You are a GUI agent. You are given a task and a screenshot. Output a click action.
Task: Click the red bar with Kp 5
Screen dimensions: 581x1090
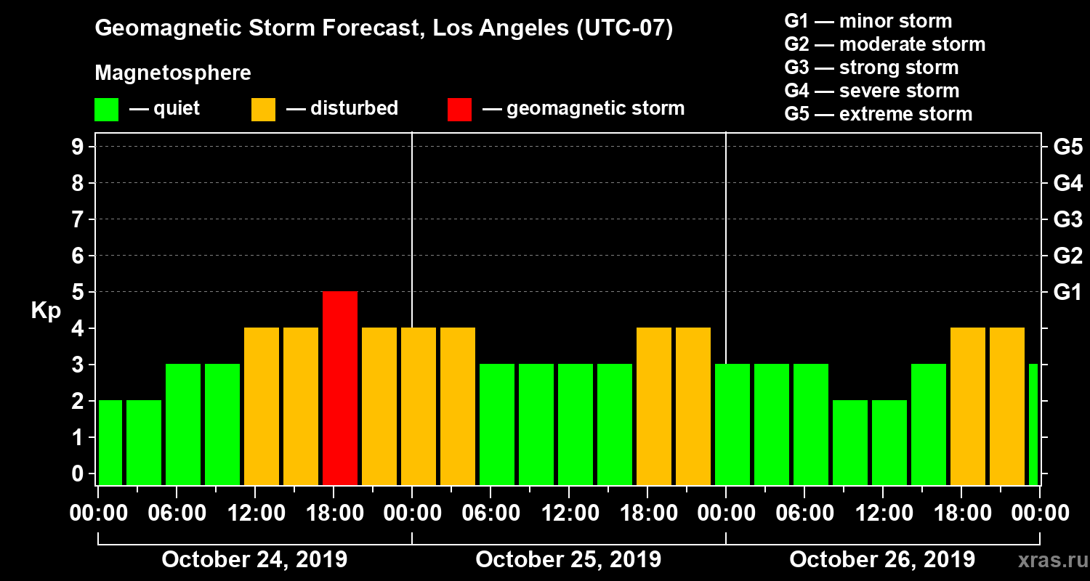[340, 388]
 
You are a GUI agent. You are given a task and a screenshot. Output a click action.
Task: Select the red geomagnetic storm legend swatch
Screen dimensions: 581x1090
[459, 110]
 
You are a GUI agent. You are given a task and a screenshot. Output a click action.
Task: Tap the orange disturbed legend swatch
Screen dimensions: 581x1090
[263, 110]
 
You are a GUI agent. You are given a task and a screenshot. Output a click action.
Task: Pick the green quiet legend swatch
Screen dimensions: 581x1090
[106, 110]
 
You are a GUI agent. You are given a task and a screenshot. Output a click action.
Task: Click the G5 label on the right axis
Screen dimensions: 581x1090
[1067, 147]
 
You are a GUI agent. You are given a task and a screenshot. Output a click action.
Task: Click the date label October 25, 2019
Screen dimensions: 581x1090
[568, 560]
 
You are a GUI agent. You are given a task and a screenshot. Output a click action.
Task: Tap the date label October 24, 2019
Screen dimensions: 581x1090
[254, 560]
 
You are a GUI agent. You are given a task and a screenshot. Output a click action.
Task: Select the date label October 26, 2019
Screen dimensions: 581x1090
[882, 560]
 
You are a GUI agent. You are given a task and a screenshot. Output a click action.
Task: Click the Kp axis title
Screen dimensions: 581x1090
[46, 312]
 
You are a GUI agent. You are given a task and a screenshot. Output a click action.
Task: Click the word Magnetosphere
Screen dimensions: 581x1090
[173, 73]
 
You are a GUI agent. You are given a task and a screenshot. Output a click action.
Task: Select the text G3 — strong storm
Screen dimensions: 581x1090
[871, 68]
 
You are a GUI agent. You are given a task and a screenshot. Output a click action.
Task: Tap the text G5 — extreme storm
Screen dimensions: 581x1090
[878, 114]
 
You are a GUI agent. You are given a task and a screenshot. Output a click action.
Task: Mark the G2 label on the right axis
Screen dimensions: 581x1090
[1067, 256]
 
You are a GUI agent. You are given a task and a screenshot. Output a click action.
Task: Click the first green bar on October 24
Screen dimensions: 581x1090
[110, 442]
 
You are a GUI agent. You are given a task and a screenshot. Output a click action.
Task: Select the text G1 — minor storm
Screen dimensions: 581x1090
[868, 21]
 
